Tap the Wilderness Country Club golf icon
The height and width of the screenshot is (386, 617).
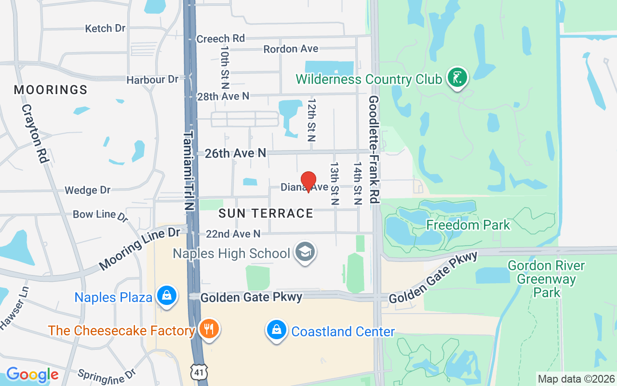[x=457, y=77]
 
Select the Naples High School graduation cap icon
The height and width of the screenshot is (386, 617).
[x=305, y=252]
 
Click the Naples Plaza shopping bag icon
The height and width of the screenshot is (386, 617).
[x=166, y=295]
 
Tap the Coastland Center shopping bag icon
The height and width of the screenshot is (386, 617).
[x=277, y=330]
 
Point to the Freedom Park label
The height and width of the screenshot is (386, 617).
[x=468, y=225]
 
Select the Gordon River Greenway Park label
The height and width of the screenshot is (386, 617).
[x=546, y=279]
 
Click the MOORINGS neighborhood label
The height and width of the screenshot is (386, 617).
[x=51, y=90]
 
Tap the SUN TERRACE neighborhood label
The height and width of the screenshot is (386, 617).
[x=266, y=213]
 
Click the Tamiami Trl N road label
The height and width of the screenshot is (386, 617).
[x=189, y=170]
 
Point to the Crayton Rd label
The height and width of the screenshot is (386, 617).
[x=36, y=134]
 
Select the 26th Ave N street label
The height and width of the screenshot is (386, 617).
[x=235, y=153]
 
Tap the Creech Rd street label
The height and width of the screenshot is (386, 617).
[x=221, y=39]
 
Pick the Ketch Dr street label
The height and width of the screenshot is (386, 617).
[x=105, y=28]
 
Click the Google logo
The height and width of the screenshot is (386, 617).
[x=32, y=374]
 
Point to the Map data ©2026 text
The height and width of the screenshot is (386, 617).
[x=577, y=379]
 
